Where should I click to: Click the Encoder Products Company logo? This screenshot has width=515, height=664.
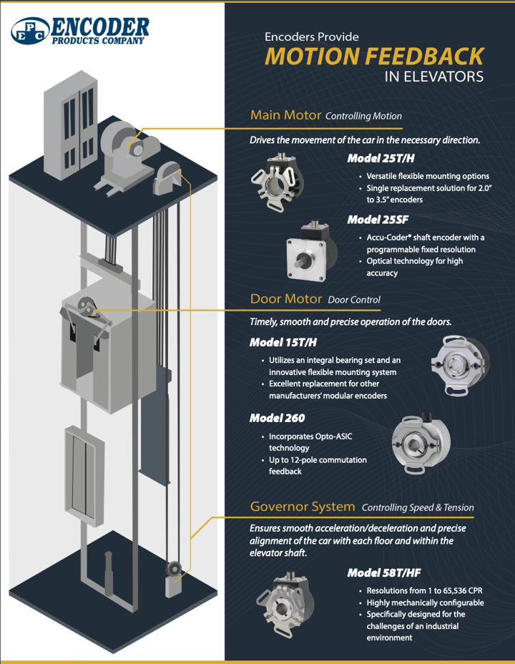pyautogui.click(x=80, y=31)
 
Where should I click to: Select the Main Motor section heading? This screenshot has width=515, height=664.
pyautogui.click(x=285, y=115)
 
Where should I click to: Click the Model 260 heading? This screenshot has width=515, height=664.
pyautogui.click(x=275, y=417)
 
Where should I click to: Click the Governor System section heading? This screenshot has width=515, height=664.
pyautogui.click(x=302, y=507)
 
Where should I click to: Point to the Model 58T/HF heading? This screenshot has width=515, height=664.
pyautogui.click(x=383, y=572)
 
